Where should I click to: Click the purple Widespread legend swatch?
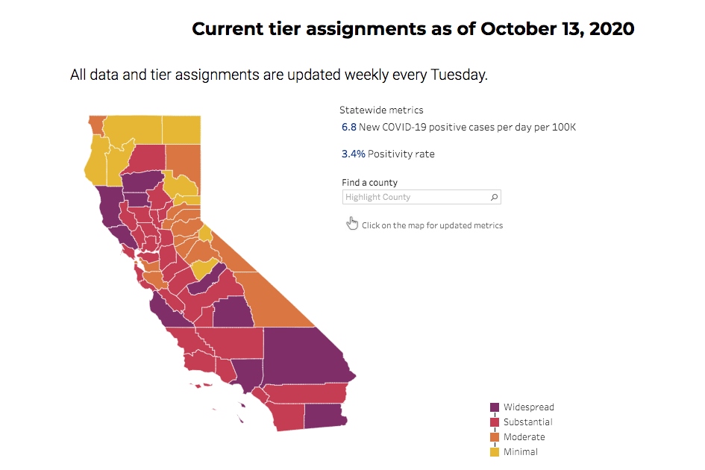tap(494, 407)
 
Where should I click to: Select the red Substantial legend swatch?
tap(494, 422)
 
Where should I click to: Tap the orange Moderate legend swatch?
tap(494, 437)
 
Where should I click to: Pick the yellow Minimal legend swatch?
tap(494, 452)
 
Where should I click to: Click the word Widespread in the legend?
tap(528, 407)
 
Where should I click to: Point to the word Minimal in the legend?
tap(520, 452)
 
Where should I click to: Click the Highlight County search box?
tap(414, 197)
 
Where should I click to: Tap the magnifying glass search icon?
tap(494, 197)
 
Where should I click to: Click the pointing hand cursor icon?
tap(352, 224)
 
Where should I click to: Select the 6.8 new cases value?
tap(348, 128)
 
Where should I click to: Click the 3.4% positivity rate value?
tap(353, 154)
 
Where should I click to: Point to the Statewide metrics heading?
tap(381, 110)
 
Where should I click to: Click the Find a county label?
tap(369, 183)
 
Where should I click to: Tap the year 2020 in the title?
tap(610, 29)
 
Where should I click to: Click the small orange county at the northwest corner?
tap(95, 123)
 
